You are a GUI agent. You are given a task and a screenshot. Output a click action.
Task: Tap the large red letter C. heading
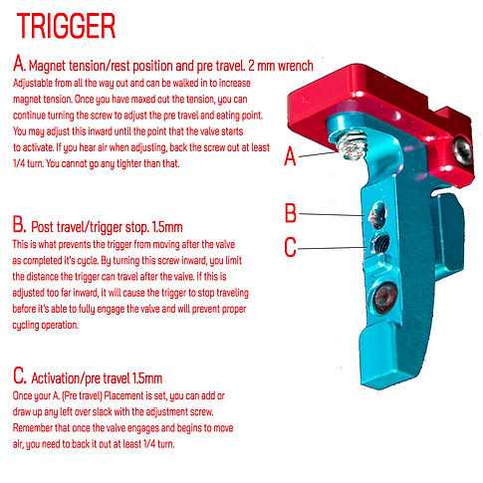pyautogui.click(x=21, y=377)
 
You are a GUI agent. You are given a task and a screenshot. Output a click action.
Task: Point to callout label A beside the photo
pyautogui.click(x=290, y=156)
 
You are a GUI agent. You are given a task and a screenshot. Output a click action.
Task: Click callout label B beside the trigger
pyautogui.click(x=290, y=212)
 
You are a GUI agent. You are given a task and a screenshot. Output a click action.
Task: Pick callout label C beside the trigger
pyautogui.click(x=290, y=244)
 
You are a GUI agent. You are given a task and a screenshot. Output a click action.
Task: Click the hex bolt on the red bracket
pyautogui.click(x=460, y=150)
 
